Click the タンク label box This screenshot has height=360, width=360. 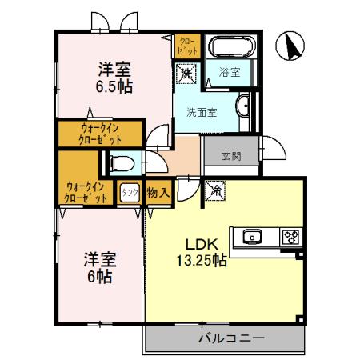click(x=129, y=192)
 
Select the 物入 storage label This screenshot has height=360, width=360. click(x=158, y=192)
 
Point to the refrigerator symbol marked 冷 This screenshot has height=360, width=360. click(x=215, y=192)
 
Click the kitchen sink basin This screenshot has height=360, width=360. click(x=251, y=237)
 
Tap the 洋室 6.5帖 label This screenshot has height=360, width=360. click(x=115, y=76)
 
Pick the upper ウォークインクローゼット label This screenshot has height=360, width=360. click(x=100, y=131)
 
